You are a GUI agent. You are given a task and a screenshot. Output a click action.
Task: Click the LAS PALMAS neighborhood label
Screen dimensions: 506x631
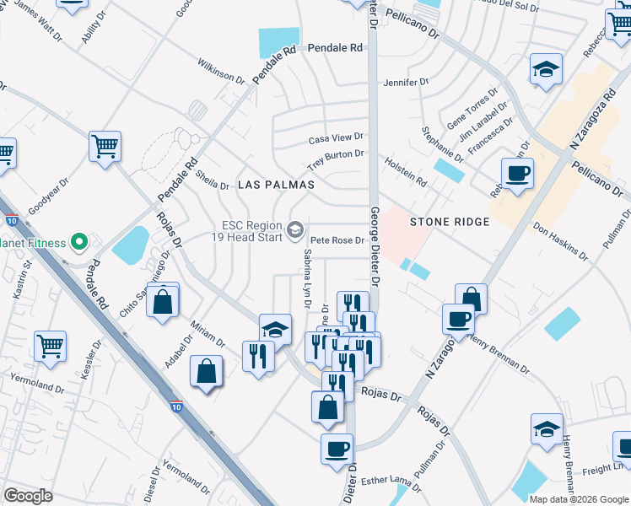point(276,184)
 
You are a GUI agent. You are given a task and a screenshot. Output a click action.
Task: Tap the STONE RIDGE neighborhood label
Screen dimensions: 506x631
point(450,222)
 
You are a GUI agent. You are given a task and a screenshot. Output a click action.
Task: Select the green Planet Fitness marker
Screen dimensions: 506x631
point(79,243)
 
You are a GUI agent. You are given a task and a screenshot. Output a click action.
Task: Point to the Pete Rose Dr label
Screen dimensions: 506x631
point(336,240)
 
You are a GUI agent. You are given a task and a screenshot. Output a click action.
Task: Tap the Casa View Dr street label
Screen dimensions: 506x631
point(335,137)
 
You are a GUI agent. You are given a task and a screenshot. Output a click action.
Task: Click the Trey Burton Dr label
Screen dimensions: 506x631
point(335,154)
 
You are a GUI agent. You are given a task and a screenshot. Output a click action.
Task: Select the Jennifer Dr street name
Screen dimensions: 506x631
point(406,83)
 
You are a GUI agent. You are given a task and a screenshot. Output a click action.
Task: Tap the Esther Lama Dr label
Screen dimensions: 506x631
point(391,482)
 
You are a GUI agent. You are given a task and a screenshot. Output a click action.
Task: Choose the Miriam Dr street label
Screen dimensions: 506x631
point(208,333)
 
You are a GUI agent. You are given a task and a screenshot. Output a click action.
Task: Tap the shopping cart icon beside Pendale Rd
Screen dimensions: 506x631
point(105,145)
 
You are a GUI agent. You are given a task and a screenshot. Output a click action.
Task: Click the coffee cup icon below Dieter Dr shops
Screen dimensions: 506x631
point(337,448)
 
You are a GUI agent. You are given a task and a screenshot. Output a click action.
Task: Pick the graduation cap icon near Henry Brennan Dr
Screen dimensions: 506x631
point(546,428)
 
